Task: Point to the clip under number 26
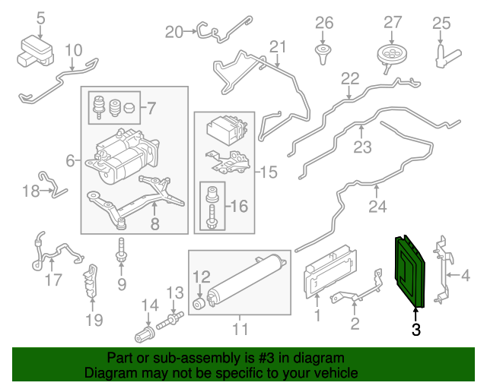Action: tap(324, 52)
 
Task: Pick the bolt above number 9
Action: tap(120, 250)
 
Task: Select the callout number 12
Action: tap(201, 276)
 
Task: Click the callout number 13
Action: tap(174, 293)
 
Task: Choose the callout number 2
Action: tap(355, 325)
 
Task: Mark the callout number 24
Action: tap(377, 205)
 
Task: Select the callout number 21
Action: tap(277, 47)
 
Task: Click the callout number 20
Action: tap(174, 31)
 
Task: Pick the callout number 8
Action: tap(154, 224)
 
